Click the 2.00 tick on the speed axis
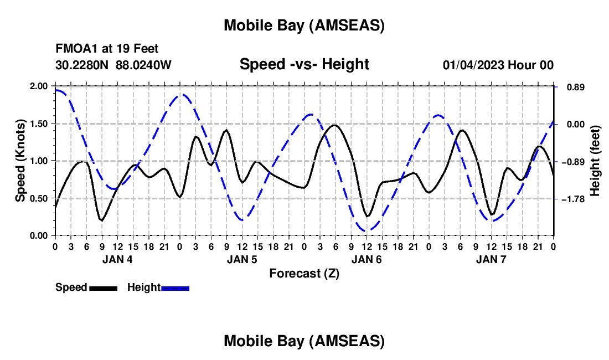40,86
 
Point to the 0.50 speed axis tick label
40,198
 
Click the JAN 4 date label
117,259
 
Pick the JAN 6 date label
366,259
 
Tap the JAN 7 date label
491,259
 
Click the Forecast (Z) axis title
304,273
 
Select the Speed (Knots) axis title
21,161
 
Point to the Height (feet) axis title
595,161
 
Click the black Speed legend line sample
103,288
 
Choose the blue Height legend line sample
175,288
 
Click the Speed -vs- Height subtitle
304,64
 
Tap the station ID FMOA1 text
71,49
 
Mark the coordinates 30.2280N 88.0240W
113,65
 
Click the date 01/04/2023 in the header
473,65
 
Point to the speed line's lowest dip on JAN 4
101,220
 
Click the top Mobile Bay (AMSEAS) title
304,25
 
